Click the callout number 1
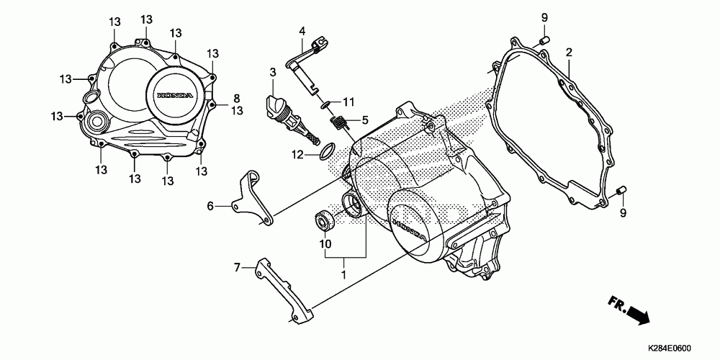click(343, 274)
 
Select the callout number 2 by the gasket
click(568, 53)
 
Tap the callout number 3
click(273, 72)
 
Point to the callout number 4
click(302, 31)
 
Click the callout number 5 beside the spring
click(365, 120)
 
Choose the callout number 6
click(211, 206)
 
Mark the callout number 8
click(235, 98)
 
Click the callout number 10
click(325, 243)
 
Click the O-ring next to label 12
click(325, 151)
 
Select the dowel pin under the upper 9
click(546, 38)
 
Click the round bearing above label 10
click(323, 219)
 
